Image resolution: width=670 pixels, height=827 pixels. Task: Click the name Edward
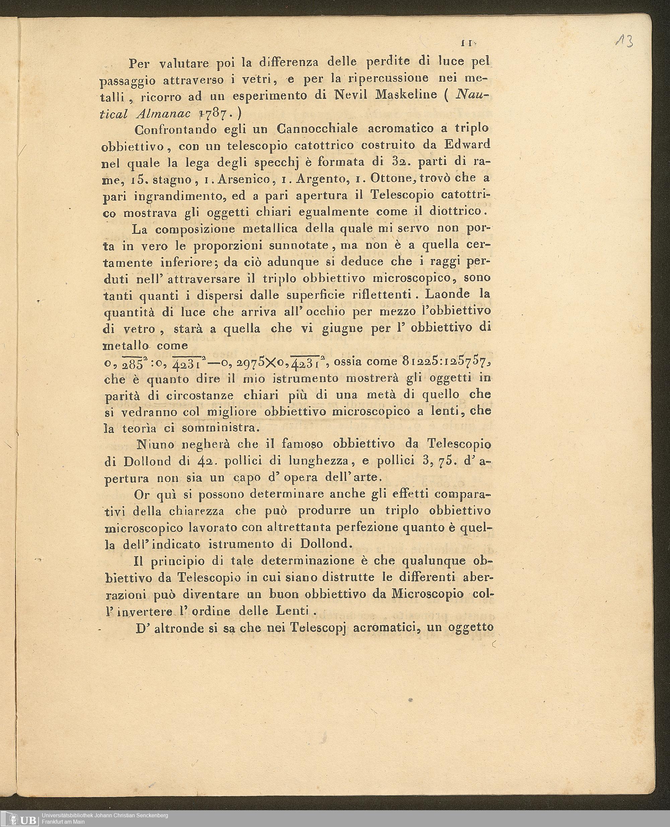[x=467, y=145]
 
